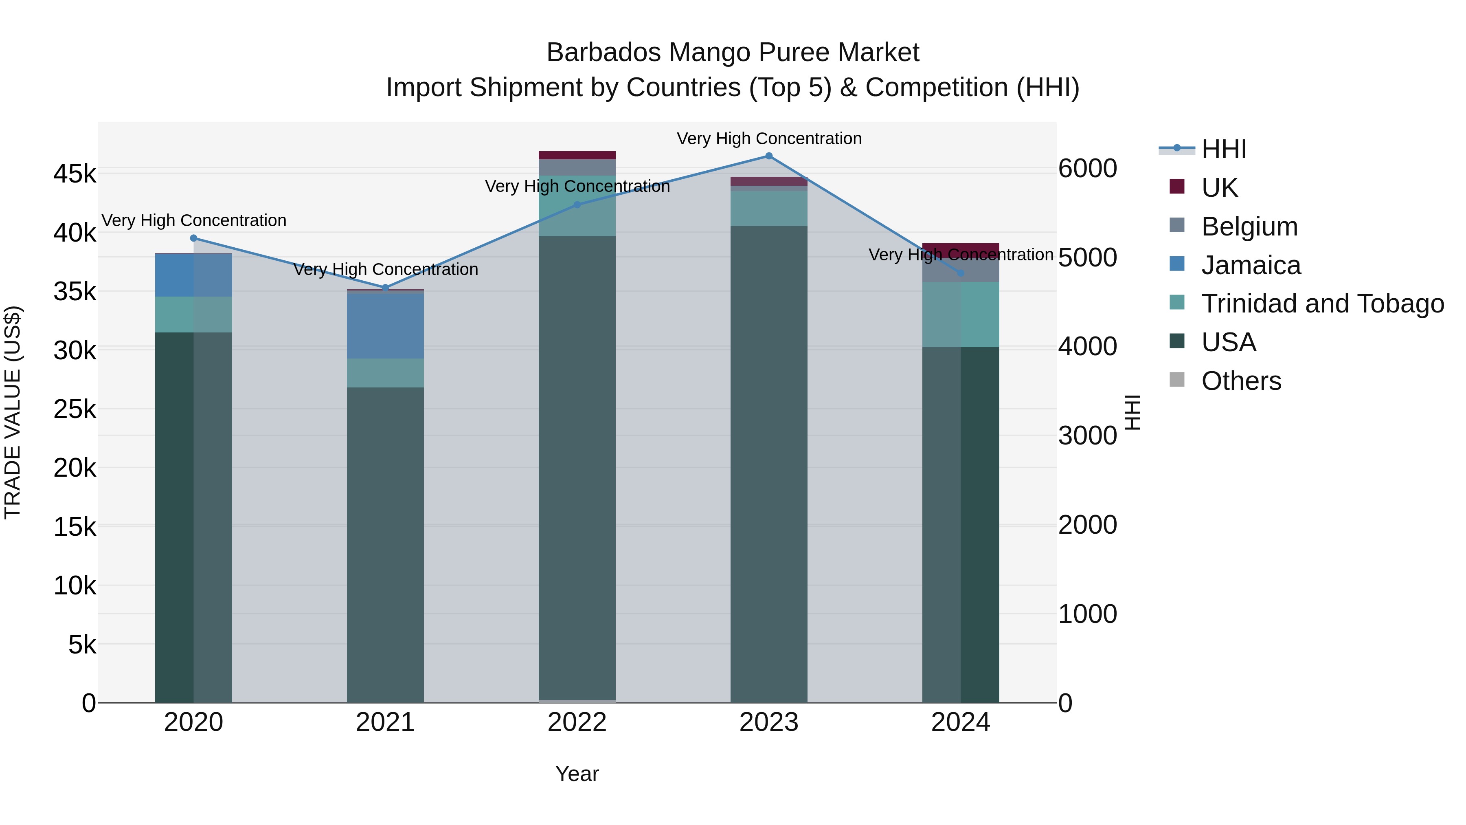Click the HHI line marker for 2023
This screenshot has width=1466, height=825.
[769, 156]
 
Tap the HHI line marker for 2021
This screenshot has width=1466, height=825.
[385, 288]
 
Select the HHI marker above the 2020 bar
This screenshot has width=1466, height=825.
[193, 238]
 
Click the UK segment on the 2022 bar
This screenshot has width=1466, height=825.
[577, 156]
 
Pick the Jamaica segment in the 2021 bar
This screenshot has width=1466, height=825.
[385, 326]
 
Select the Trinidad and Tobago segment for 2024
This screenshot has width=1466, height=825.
[961, 314]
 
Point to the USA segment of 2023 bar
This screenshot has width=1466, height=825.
[769, 464]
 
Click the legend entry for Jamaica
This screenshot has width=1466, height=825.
[1250, 265]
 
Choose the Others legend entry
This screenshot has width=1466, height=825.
[1241, 381]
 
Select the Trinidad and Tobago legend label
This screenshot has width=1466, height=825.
[1322, 304]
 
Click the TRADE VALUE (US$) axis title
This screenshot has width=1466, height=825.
[13, 412]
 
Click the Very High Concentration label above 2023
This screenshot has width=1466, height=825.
[769, 139]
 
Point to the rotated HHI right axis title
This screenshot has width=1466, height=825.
[1132, 412]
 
